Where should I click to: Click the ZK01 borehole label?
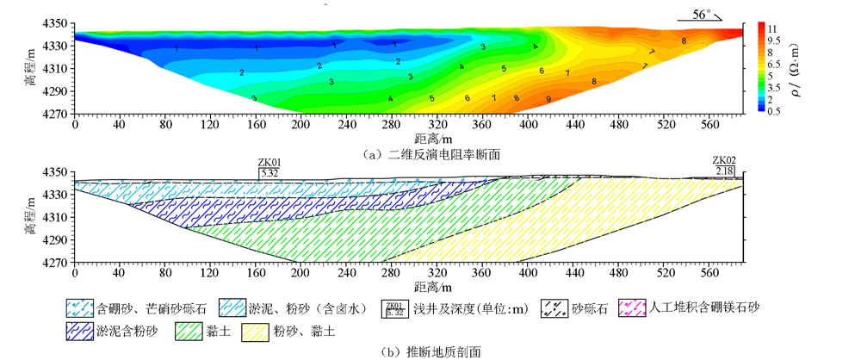click(x=270, y=162)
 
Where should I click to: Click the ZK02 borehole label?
click(x=724, y=162)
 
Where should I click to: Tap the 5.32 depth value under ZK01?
click(x=270, y=172)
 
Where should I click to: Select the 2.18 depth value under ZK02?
click(x=724, y=172)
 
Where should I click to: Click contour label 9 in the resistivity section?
click(x=548, y=100)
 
